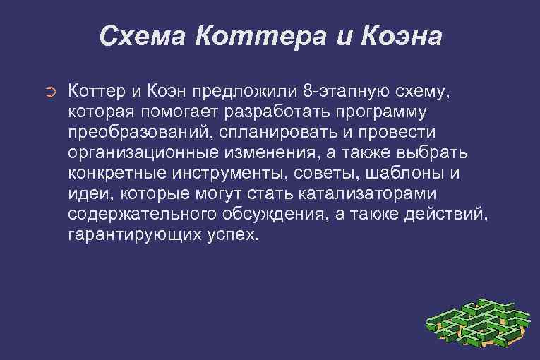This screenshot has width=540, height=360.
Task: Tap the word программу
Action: point(361,112)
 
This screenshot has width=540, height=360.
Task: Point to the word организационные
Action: point(140,153)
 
